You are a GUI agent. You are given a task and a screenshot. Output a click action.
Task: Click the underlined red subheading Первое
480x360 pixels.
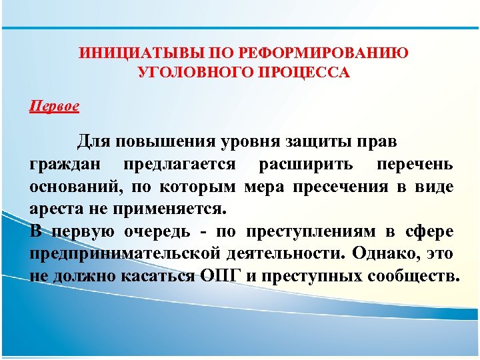click(x=55, y=105)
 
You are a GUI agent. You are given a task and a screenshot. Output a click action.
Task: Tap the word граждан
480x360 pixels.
click(x=67, y=165)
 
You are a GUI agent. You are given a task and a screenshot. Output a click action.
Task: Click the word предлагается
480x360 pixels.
click(x=178, y=165)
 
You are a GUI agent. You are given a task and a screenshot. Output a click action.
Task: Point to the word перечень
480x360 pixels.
click(x=415, y=165)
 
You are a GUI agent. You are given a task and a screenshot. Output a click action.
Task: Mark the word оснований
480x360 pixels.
click(x=75, y=187)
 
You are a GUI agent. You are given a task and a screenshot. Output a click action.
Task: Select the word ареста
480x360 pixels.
click(x=55, y=209)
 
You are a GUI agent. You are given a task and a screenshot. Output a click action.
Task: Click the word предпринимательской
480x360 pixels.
click(x=124, y=254)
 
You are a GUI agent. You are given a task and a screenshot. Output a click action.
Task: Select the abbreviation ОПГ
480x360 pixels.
click(x=215, y=276)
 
